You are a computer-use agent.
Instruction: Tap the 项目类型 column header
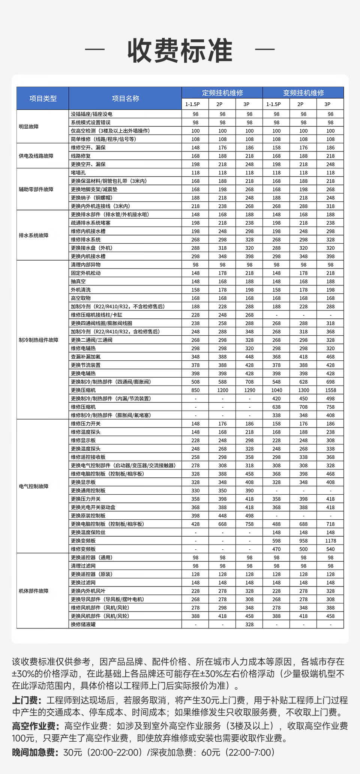[43, 99]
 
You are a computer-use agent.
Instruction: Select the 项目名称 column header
[125, 99]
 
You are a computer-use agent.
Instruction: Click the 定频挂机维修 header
[222, 93]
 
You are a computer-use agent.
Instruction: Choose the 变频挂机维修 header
[303, 93]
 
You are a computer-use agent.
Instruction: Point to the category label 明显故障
[29, 127]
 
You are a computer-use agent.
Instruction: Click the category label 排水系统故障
[34, 235]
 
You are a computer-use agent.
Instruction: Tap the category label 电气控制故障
[34, 486]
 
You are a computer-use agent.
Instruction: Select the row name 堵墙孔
[78, 173]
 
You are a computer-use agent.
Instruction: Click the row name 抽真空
[78, 282]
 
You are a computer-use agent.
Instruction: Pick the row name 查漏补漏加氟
[86, 357]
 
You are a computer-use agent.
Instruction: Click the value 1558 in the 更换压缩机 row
[330, 390]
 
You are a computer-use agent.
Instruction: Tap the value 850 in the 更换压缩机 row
[195, 390]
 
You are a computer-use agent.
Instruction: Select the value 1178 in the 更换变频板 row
[330, 541]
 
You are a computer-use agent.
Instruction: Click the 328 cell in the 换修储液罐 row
[249, 624]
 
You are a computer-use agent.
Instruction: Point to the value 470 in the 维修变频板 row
[276, 549]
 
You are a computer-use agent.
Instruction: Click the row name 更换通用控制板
[88, 490]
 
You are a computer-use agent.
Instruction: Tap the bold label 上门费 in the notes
[25, 700]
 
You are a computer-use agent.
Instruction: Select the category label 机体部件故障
[34, 591]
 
